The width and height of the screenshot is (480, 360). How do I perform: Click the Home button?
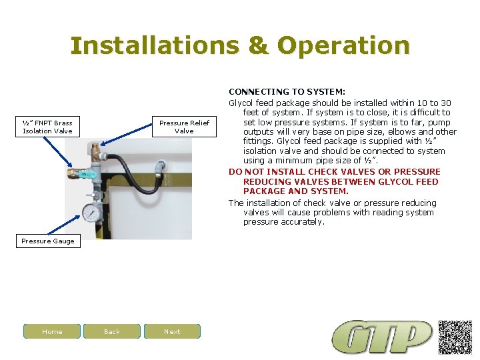[x=52, y=331]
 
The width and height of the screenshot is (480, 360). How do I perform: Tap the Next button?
[x=172, y=331]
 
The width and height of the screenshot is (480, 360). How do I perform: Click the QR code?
[x=455, y=337]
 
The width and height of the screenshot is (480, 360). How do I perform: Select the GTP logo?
[x=383, y=337]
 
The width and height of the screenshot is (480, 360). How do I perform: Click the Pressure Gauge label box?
[x=48, y=241]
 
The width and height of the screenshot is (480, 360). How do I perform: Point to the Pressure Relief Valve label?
[x=184, y=127]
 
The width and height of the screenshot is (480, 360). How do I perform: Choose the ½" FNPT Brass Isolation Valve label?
[x=47, y=127]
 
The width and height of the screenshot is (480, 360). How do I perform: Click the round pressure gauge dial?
[x=90, y=213]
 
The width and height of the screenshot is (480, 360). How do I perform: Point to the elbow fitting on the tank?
[x=159, y=165]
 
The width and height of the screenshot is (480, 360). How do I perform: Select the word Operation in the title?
[x=343, y=45]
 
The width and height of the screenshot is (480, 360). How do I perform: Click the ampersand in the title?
[x=257, y=45]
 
